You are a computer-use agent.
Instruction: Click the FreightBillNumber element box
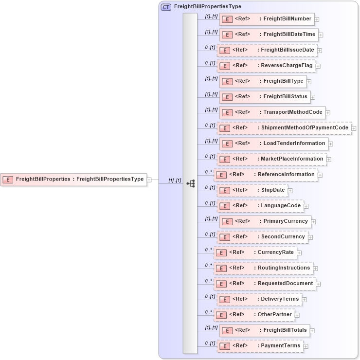pos(267,19)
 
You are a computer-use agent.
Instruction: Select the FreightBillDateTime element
pos(269,35)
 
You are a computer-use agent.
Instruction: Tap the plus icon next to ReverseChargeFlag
pos(318,66)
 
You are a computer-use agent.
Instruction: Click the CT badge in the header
pos(166,7)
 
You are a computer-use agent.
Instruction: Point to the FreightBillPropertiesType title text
pos(207,7)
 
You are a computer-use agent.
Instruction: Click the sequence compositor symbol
pos(190,183)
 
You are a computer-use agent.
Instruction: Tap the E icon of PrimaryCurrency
pos(226,221)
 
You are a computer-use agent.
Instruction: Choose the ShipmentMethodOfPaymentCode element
pos(284,128)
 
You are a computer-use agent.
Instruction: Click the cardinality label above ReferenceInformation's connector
pos(209,172)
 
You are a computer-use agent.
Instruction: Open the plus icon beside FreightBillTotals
pos(312,330)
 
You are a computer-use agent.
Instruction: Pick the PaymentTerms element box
pos(260,346)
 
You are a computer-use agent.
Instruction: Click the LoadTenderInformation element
pos(273,144)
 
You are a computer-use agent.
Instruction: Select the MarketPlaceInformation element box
pos(271,159)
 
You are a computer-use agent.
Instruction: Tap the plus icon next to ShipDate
pos(290,190)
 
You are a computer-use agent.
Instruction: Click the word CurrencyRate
pos(275,252)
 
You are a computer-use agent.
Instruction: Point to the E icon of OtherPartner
pos(220,315)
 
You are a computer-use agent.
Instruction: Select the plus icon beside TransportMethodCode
pos(328,112)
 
